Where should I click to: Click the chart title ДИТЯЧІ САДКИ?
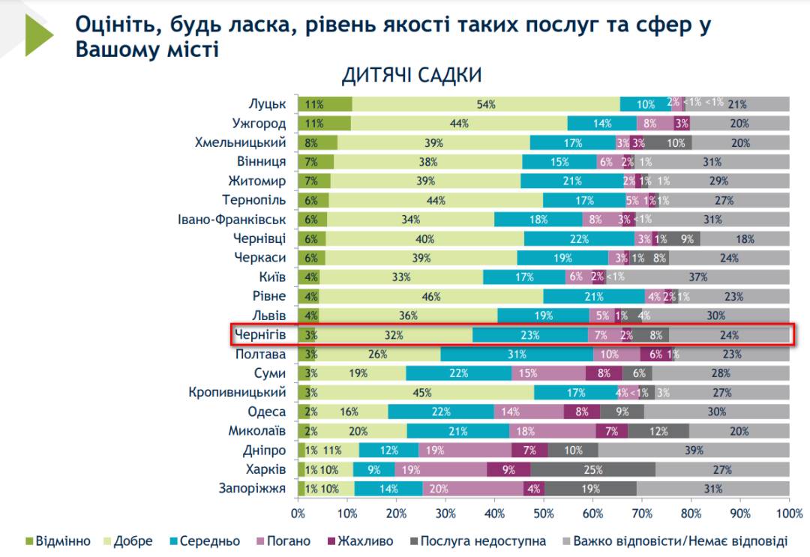[412, 76]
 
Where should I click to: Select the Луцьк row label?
[267, 104]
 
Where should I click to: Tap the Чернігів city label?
[260, 334]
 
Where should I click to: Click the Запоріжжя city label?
[253, 489]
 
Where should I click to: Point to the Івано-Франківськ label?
[232, 220]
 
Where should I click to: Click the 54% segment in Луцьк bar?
[486, 104]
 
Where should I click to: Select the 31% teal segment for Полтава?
[516, 354]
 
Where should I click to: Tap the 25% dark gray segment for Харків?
[592, 470]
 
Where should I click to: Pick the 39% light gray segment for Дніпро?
[694, 450]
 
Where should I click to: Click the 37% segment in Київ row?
[698, 277]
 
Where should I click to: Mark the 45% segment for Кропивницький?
[423, 392]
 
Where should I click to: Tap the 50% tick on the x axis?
[544, 514]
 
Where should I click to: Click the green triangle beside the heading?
[37, 34]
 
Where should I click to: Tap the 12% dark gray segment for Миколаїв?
[658, 431]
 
